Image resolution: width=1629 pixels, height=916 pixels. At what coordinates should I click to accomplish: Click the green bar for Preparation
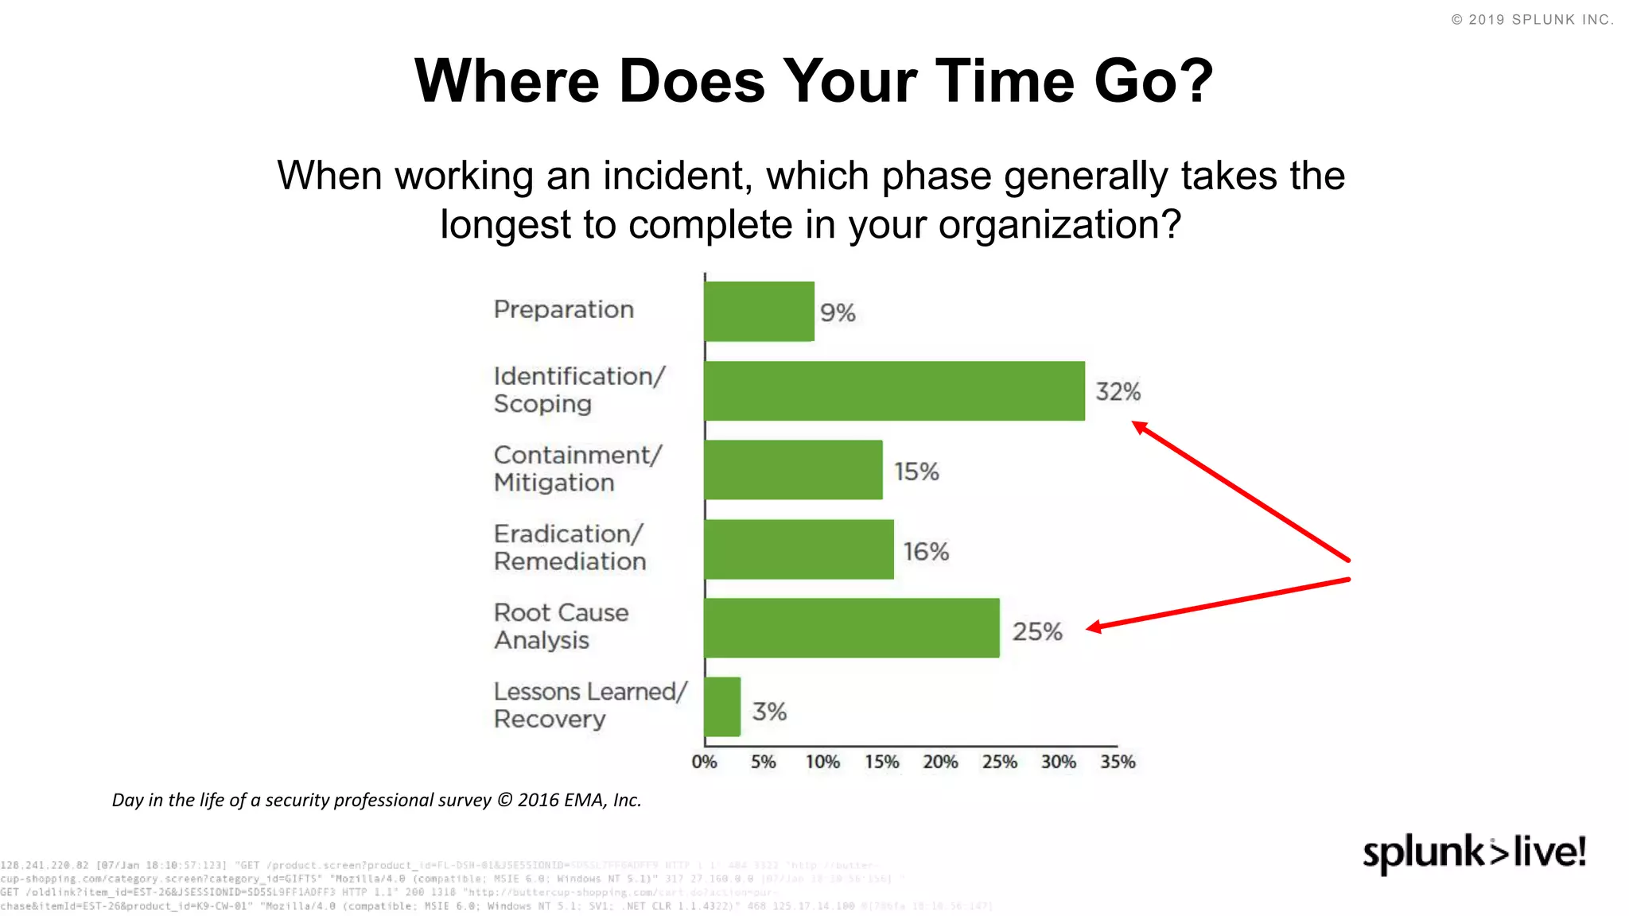(x=759, y=312)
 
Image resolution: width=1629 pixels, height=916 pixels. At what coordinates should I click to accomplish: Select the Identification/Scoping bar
(x=894, y=391)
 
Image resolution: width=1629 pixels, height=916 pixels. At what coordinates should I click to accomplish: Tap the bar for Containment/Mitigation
(x=793, y=470)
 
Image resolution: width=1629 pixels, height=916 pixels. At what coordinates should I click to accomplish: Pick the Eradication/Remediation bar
(x=799, y=549)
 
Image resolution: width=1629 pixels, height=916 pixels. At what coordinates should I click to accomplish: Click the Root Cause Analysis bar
(x=851, y=628)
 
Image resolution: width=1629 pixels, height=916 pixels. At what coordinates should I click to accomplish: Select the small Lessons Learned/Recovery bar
(x=722, y=707)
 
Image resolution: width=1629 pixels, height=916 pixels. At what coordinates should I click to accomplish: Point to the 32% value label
(x=1118, y=392)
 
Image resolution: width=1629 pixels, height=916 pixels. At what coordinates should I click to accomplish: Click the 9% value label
(x=838, y=313)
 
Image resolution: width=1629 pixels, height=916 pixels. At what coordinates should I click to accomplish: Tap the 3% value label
(x=769, y=712)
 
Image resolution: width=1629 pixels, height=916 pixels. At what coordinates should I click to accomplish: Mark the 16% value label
(x=926, y=552)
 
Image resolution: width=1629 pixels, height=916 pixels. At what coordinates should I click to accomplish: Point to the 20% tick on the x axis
(x=940, y=763)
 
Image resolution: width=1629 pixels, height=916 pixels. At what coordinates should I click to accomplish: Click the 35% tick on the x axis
(x=1118, y=763)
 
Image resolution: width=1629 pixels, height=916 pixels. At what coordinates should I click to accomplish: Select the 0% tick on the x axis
(x=704, y=763)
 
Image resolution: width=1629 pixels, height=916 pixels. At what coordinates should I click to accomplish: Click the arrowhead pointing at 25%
(x=1094, y=628)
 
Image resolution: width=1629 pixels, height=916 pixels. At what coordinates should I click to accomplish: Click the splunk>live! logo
(x=1475, y=853)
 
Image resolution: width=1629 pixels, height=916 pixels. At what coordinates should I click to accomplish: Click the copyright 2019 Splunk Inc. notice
(x=1532, y=20)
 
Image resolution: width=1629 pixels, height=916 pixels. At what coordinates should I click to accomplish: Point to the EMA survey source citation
(x=376, y=800)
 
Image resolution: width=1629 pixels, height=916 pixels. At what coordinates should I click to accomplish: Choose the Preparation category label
(x=563, y=309)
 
